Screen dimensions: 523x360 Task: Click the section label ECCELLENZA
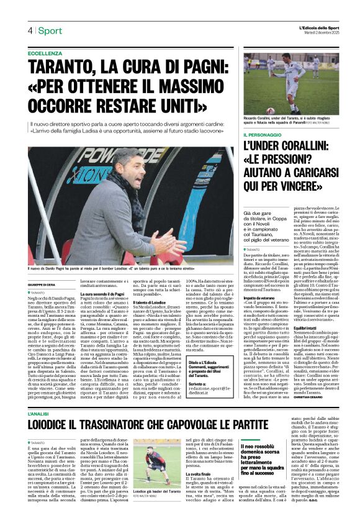(x=45, y=54)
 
